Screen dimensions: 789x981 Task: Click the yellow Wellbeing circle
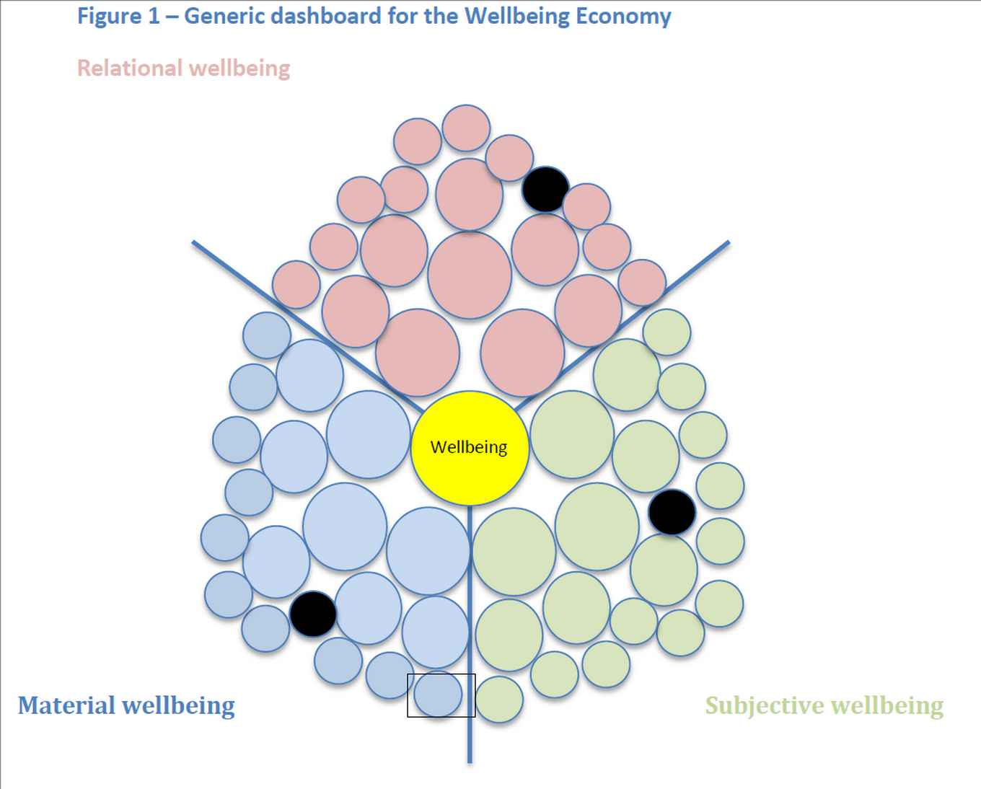(469, 476)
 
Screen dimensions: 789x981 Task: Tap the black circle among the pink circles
(545, 189)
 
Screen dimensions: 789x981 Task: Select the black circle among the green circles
(672, 511)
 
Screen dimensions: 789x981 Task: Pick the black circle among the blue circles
(313, 614)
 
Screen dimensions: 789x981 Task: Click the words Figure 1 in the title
(118, 16)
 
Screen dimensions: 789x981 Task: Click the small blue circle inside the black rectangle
(437, 695)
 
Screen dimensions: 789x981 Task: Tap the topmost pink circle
(466, 128)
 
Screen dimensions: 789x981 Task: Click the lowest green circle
(499, 699)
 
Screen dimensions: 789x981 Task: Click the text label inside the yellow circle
(469, 447)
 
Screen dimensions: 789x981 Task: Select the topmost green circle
(667, 332)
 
